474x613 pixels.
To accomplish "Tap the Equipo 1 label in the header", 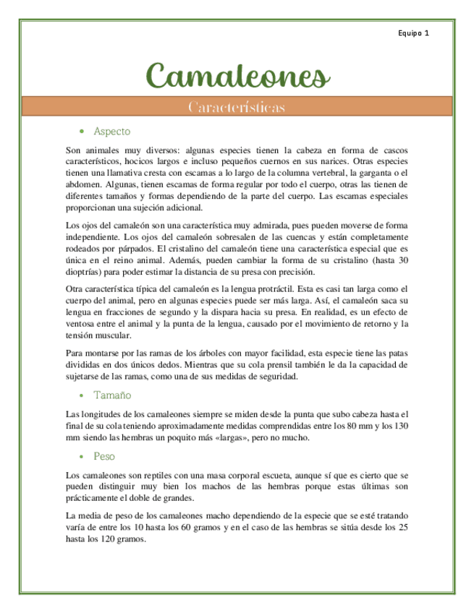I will click(414, 33).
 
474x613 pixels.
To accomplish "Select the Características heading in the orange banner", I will click(236, 107).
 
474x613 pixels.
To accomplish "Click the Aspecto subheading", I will click(111, 132).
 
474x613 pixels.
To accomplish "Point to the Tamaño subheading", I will click(112, 395).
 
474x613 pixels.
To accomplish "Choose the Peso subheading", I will click(104, 457).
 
